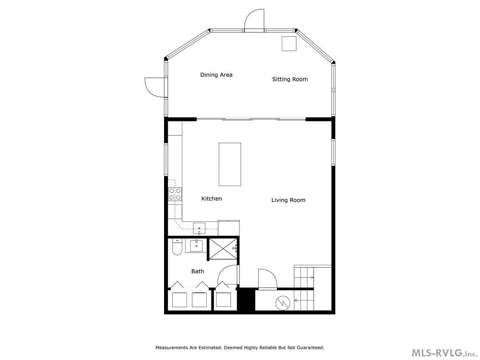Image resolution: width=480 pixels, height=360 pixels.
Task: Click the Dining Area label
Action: (x=216, y=75)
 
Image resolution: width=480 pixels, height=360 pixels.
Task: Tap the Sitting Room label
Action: (x=290, y=79)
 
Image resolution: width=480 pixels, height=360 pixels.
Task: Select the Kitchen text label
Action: (x=211, y=199)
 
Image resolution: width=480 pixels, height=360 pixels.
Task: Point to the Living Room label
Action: (x=288, y=200)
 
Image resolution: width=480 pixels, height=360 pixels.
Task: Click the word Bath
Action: (x=197, y=271)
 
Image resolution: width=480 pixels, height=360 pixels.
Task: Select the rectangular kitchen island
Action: (x=230, y=164)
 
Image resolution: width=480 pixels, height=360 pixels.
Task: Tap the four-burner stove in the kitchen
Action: (x=175, y=194)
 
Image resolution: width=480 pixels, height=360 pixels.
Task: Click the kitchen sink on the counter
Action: (x=199, y=229)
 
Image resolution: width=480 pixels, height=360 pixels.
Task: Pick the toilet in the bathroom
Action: (x=177, y=247)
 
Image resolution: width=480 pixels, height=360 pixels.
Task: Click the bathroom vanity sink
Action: (x=196, y=245)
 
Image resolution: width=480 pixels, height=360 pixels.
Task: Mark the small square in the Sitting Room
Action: (x=289, y=44)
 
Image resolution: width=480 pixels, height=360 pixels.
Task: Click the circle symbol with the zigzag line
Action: (x=283, y=303)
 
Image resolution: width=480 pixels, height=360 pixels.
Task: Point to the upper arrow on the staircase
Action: (x=309, y=277)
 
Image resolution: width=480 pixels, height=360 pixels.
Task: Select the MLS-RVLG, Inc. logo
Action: (x=444, y=352)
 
